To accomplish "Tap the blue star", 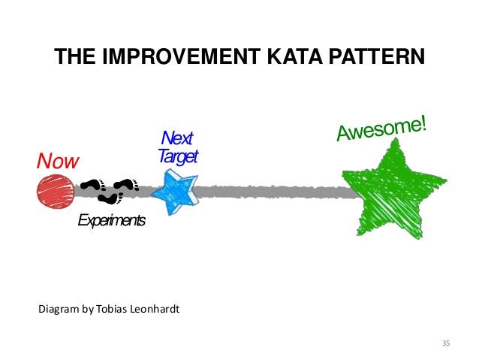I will (174, 192).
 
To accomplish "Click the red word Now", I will (58, 160).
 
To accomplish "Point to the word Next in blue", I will (177, 139).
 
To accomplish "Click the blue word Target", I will (178, 157).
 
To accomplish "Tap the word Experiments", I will (111, 221).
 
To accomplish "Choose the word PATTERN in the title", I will (377, 57).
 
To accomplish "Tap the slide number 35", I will (445, 343).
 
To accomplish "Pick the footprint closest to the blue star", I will (129, 184).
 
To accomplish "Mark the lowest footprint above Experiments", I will (112, 198).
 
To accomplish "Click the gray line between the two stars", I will (270, 192).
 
